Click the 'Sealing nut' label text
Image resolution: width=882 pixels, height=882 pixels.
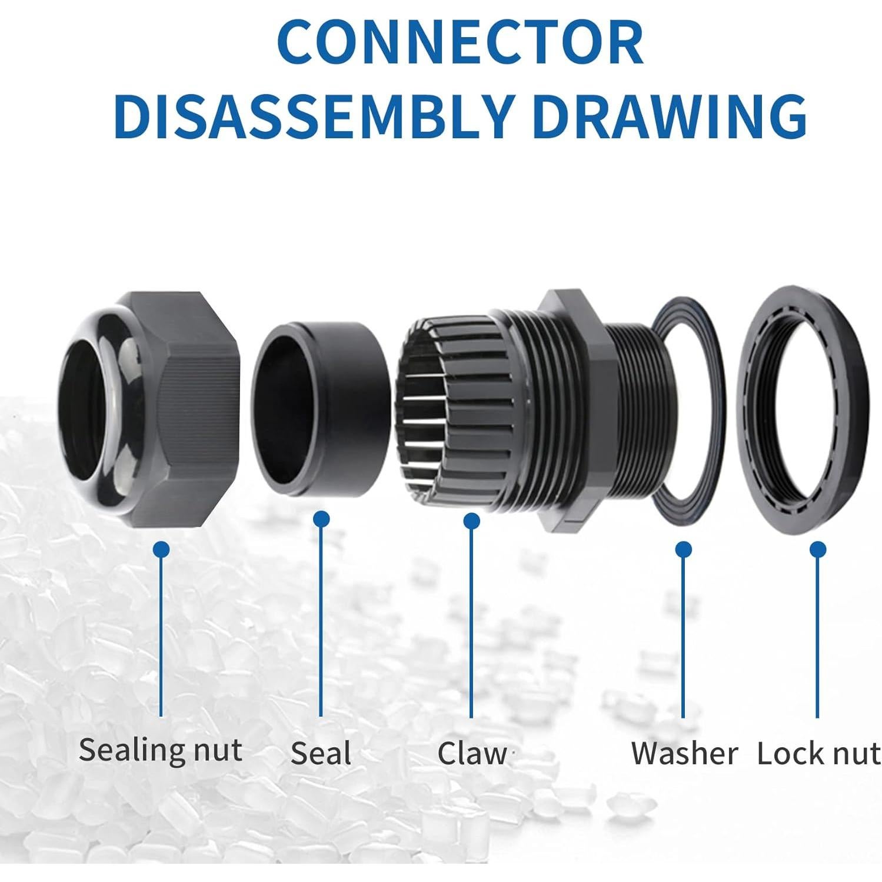click(x=160, y=750)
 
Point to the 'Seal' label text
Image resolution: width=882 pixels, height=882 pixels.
click(x=321, y=754)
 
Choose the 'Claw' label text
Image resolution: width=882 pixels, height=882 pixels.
click(x=472, y=754)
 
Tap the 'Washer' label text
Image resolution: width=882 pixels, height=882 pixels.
click(x=684, y=754)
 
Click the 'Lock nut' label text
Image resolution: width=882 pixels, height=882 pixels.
click(x=818, y=754)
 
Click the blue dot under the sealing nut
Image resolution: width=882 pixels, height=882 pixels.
click(x=161, y=550)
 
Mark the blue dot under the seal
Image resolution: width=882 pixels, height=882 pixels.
click(x=321, y=519)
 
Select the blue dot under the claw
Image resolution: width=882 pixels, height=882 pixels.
click(x=471, y=521)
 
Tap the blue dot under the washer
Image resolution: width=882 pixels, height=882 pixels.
click(x=683, y=550)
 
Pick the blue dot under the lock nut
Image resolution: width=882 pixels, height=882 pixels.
click(x=817, y=550)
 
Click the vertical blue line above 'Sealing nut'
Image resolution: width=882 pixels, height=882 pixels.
click(x=161, y=635)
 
